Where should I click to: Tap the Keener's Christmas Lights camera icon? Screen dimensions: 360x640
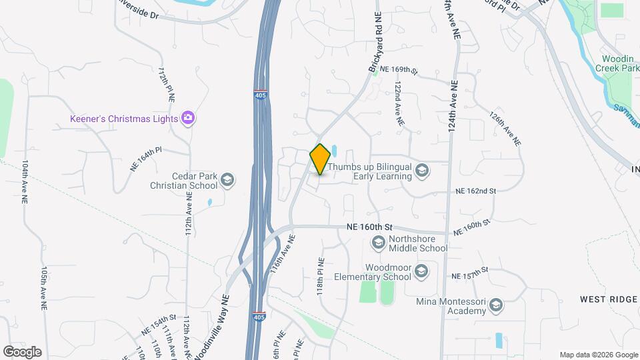(x=189, y=119)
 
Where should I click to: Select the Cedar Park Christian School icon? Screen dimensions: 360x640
(x=227, y=179)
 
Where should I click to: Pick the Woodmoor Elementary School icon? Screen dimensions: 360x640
(x=421, y=271)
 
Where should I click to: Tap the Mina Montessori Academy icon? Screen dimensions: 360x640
(x=495, y=306)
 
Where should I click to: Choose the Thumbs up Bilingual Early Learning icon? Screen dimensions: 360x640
(x=421, y=171)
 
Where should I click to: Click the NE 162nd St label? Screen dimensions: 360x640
(x=476, y=191)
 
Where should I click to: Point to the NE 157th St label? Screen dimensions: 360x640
(x=470, y=274)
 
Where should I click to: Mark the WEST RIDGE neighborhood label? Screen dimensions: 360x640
(x=608, y=299)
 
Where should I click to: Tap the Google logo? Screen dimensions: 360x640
(x=22, y=351)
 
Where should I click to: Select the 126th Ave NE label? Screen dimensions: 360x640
(x=504, y=129)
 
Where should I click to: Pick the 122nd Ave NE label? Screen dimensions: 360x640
(x=399, y=105)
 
